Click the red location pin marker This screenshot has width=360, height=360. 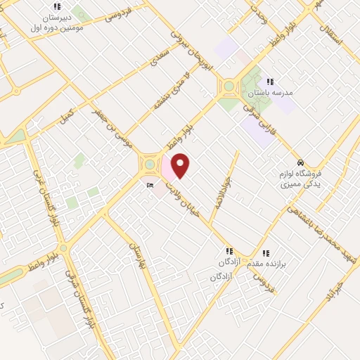coord(181,165)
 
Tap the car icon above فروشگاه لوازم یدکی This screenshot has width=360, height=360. coord(300,162)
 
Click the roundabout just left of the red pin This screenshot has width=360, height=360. coord(150,165)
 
